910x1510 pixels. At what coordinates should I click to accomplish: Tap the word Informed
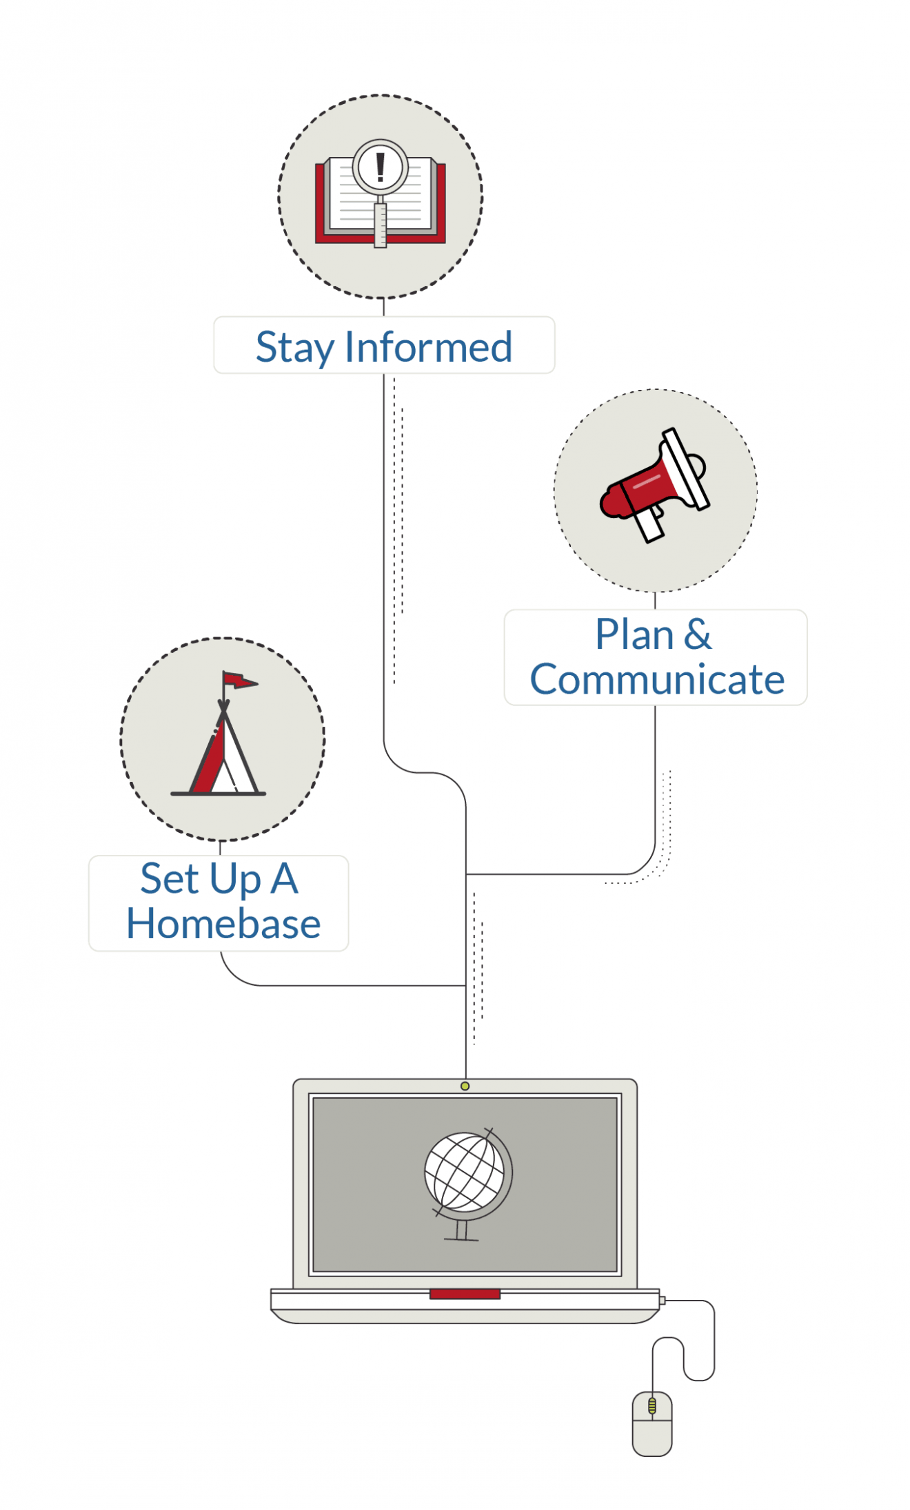tap(428, 347)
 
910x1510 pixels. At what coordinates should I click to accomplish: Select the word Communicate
tap(656, 680)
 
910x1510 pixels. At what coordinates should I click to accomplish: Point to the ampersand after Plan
tap(698, 634)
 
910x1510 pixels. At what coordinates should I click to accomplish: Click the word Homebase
tap(223, 924)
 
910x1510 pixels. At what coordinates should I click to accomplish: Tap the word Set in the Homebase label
tap(170, 879)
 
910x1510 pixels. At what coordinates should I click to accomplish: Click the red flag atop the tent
tap(239, 681)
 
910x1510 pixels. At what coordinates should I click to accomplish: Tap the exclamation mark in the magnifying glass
tap(380, 167)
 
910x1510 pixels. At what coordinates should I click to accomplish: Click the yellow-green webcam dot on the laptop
tap(465, 1086)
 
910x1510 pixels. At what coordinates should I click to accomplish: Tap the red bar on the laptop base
tap(465, 1294)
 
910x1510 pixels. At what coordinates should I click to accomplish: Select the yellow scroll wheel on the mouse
tap(652, 1406)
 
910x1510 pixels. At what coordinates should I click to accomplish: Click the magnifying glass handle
tap(381, 224)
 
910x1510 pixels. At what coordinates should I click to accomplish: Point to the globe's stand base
tap(461, 1239)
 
